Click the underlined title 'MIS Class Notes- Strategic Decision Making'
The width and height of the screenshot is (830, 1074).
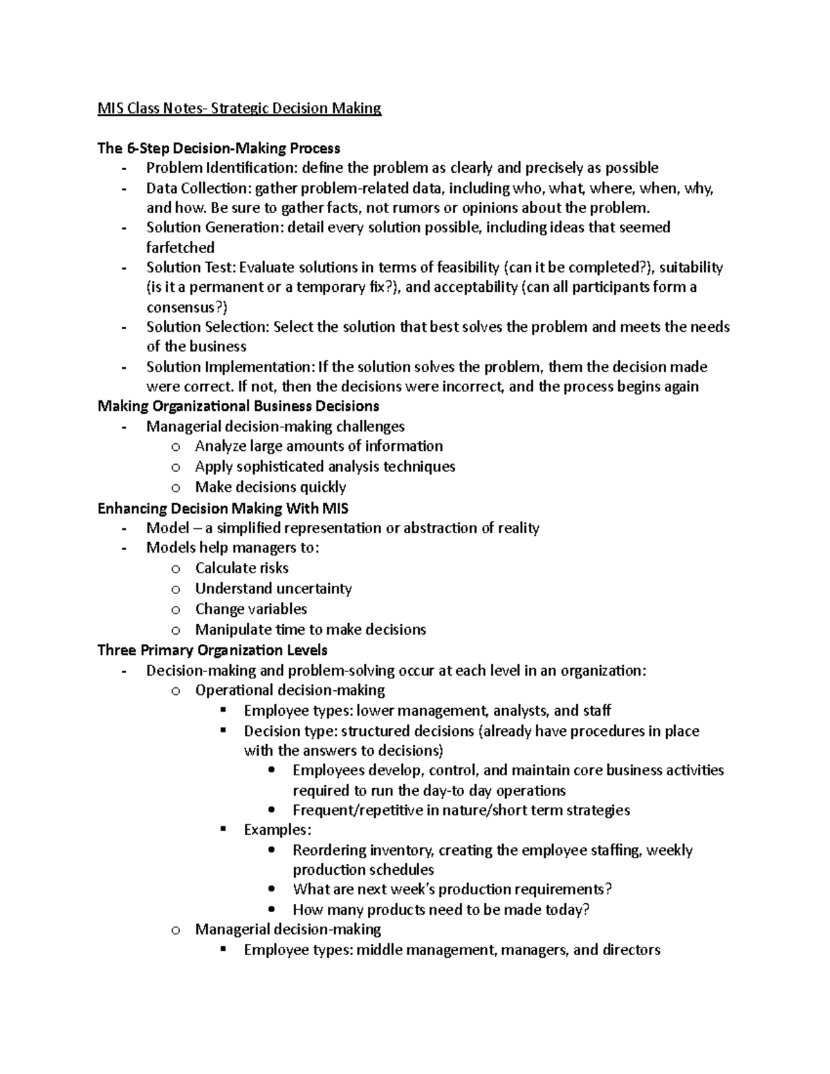[239, 109]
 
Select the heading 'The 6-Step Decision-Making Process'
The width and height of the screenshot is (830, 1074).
[219, 148]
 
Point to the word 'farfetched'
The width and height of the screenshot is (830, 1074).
[180, 248]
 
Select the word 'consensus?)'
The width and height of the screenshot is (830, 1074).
[186, 308]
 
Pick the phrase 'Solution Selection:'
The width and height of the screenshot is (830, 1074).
[207, 327]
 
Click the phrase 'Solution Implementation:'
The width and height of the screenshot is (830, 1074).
[230, 367]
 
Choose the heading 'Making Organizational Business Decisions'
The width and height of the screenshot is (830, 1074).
[238, 406]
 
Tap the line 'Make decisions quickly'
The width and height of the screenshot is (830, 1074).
[270, 487]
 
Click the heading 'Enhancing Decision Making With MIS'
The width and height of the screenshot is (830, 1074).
[223, 508]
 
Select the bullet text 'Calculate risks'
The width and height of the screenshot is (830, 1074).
[241, 568]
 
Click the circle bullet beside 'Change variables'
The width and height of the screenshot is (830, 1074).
[176, 610]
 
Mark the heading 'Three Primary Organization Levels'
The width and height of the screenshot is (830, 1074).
[212, 650]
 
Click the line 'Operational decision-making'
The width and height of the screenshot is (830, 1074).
[290, 690]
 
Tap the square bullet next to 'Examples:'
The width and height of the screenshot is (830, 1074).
[223, 828]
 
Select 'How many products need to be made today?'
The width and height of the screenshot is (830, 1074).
[441, 910]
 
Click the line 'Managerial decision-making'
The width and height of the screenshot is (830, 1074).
[288, 929]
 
